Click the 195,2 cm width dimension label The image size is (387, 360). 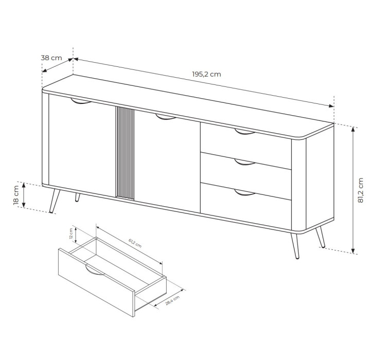point(206,74)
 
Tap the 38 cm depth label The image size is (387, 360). point(51,58)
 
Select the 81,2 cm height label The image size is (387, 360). point(361,190)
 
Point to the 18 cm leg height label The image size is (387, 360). point(16,195)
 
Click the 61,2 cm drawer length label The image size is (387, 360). point(135,243)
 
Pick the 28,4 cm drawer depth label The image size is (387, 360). point(172,300)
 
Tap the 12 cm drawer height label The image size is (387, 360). point(71,234)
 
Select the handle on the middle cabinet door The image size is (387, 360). point(166,117)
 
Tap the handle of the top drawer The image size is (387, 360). point(244,132)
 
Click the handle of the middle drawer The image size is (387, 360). point(244,162)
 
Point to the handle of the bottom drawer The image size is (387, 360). point(244,193)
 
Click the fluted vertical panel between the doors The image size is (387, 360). point(125,153)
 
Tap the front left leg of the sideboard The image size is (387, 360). point(54,200)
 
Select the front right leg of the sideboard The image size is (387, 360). point(295,246)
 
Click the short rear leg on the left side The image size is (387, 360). point(78,197)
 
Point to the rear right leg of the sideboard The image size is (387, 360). point(321,237)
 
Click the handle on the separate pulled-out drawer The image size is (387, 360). point(95,269)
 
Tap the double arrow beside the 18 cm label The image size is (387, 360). point(24,195)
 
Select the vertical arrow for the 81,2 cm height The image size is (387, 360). point(353,189)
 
